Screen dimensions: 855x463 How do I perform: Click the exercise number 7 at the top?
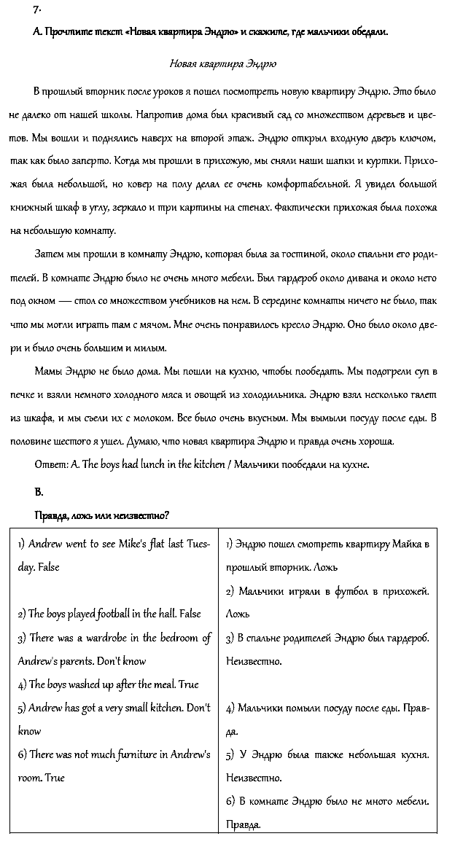coord(36,9)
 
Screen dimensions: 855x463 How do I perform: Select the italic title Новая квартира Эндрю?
coord(222,63)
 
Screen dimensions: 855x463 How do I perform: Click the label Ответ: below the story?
coord(51,464)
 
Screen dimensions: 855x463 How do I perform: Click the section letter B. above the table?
coord(39,491)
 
